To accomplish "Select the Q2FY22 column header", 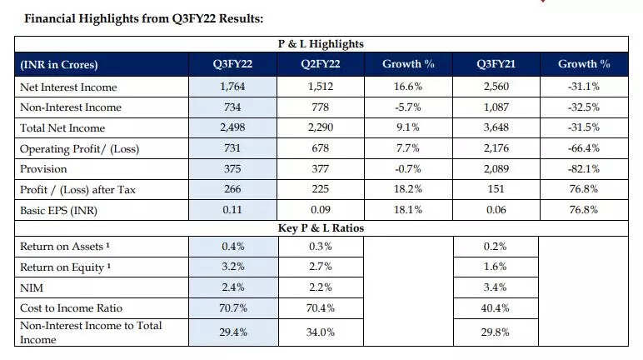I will click(x=321, y=64).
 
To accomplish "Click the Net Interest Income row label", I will click(x=67, y=87).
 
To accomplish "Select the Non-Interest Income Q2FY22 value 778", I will click(x=320, y=107).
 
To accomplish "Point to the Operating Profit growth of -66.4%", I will click(x=583, y=148).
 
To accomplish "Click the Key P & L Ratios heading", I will click(x=321, y=227).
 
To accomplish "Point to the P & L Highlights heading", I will click(x=321, y=43).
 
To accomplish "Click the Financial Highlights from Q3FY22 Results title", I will click(x=136, y=17).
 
